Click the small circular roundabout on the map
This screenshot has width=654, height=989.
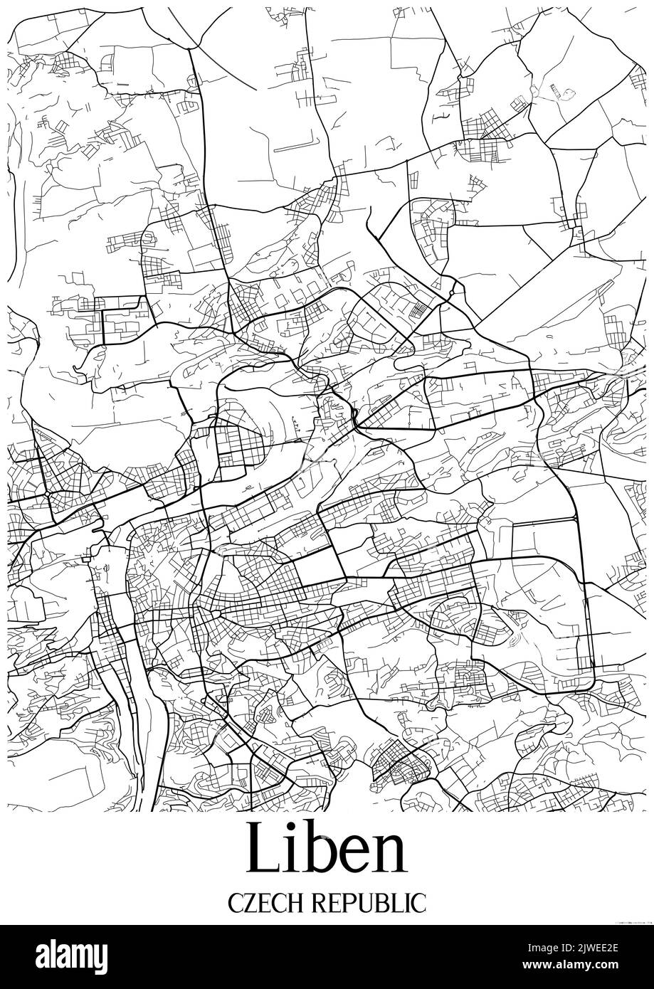click(x=453, y=291)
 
